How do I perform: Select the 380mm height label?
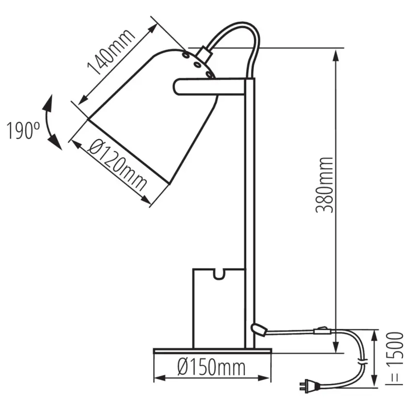(324, 185)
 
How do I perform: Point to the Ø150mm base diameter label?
(211, 368)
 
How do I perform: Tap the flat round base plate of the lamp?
(212, 350)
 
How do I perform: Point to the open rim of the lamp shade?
(128, 150)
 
